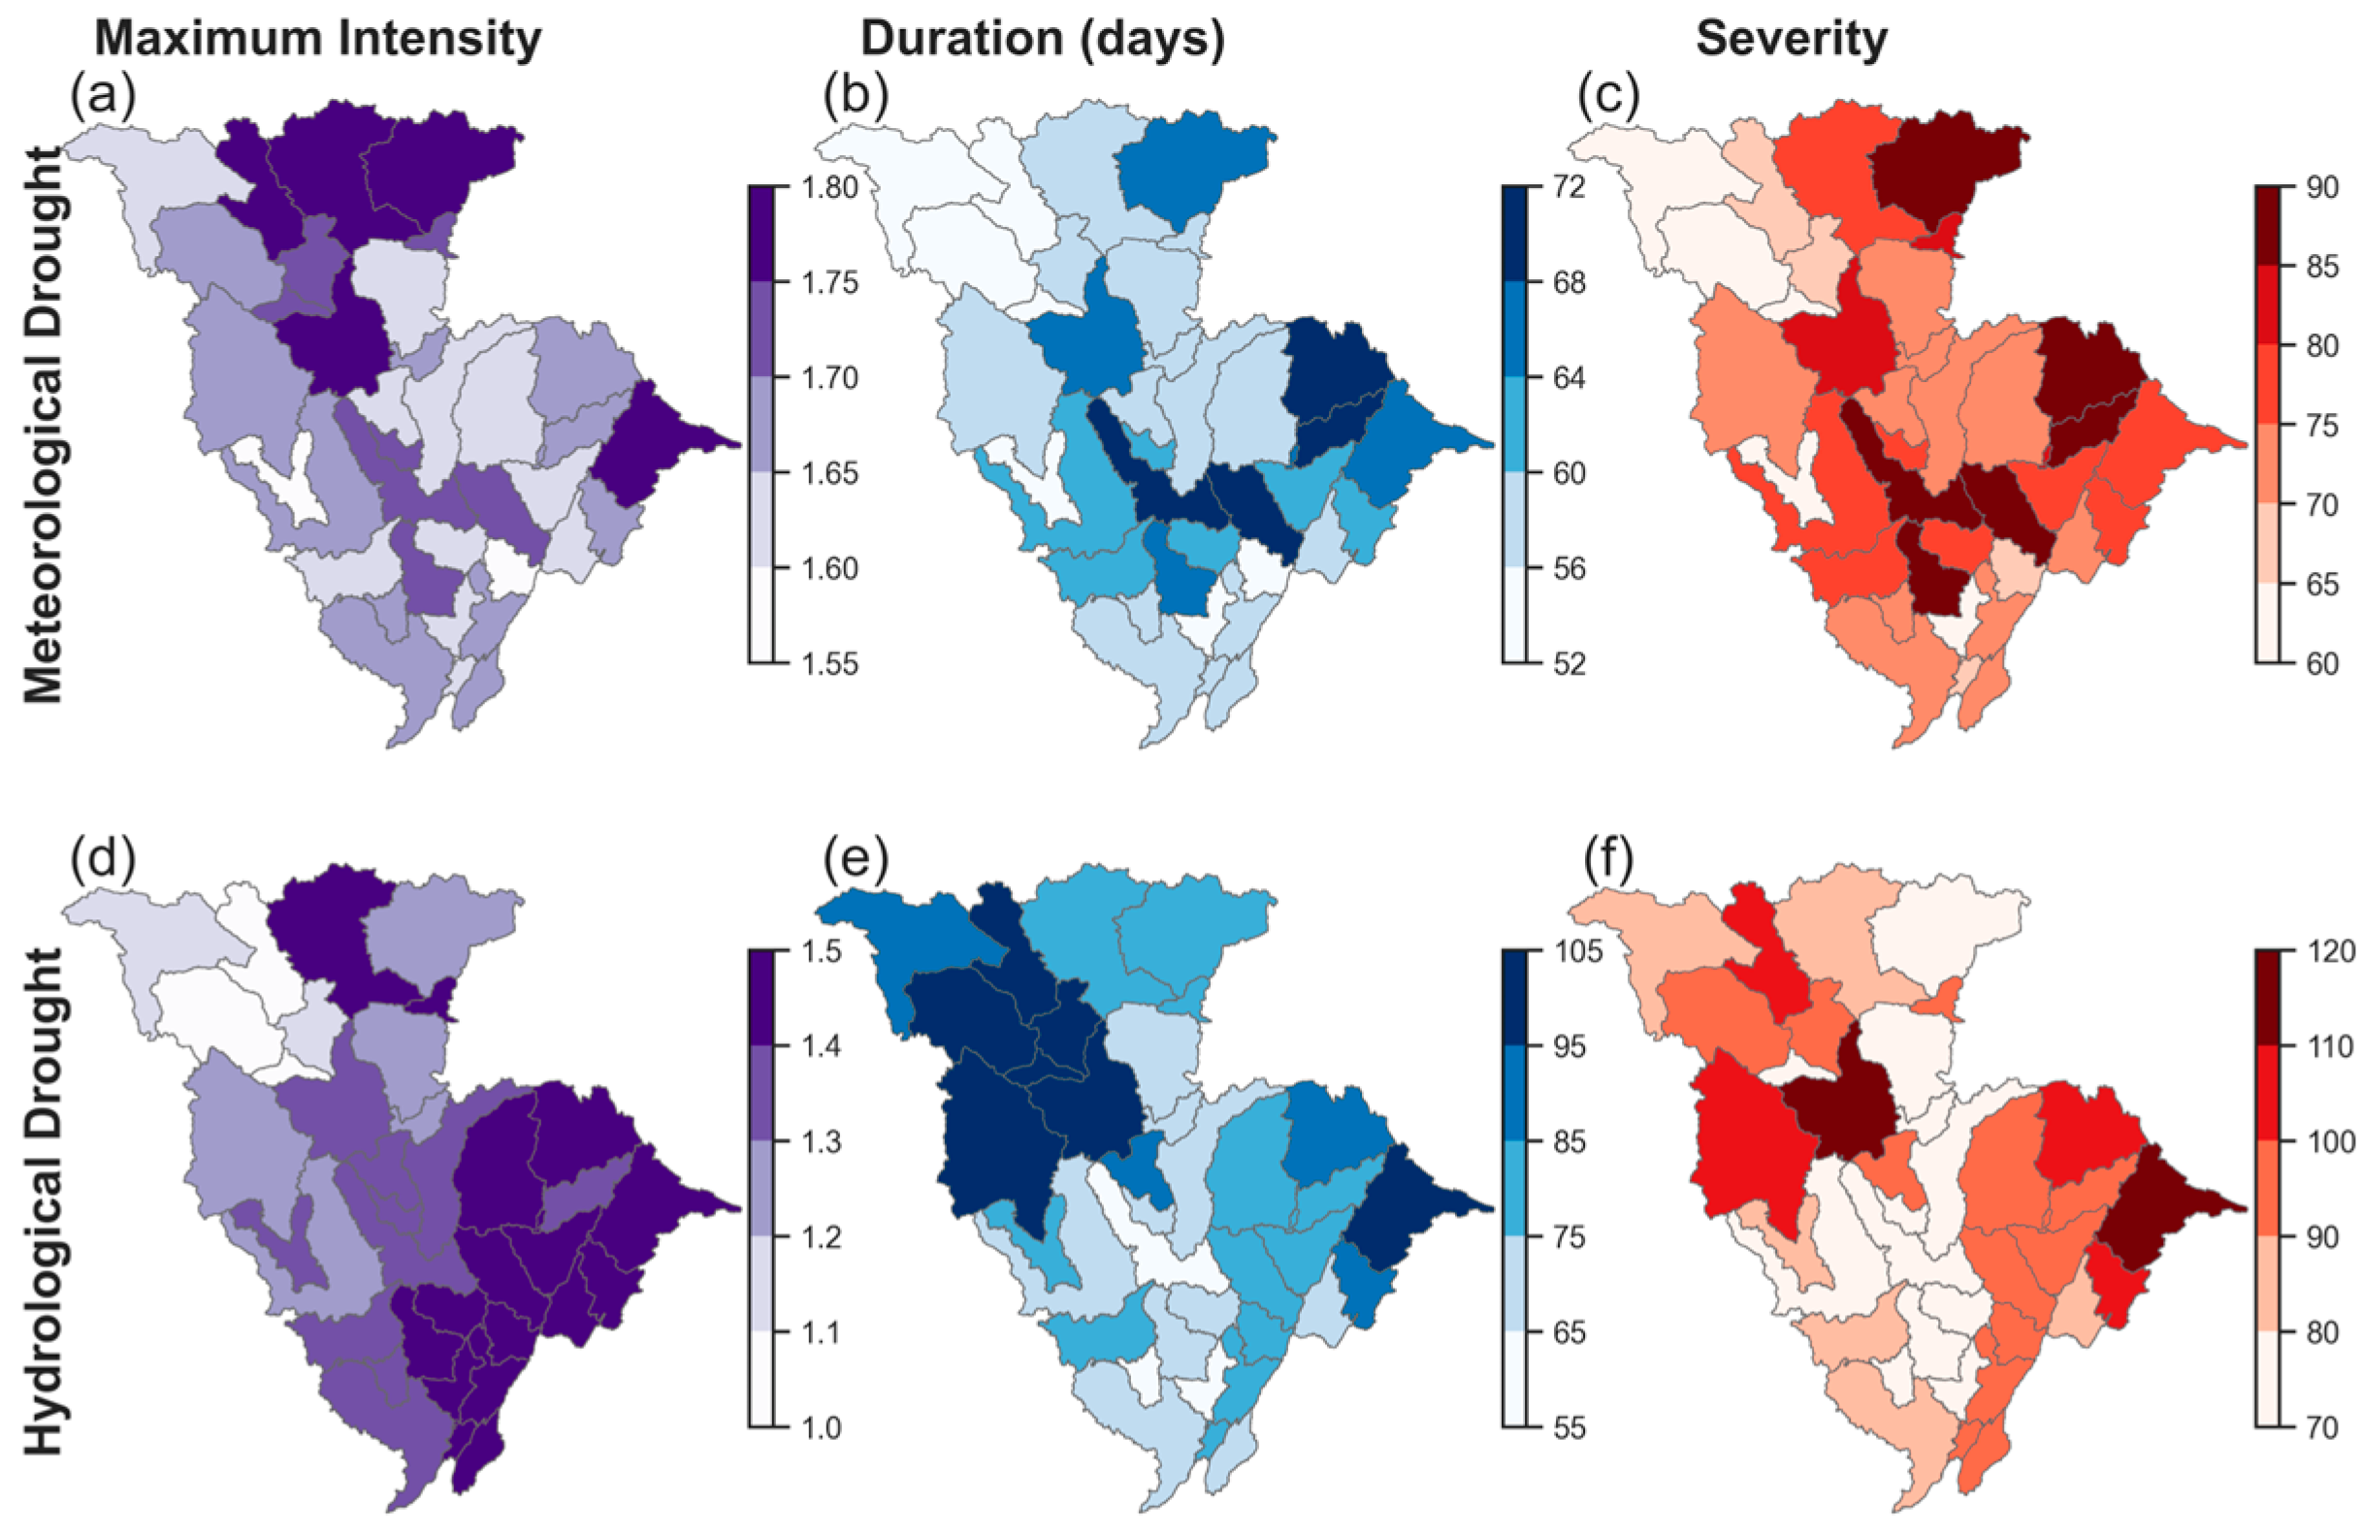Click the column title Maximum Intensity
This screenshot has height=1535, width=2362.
point(317,40)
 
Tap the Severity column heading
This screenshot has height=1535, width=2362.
point(1792,40)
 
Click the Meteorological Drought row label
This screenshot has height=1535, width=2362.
point(43,425)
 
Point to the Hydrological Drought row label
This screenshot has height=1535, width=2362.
point(43,1201)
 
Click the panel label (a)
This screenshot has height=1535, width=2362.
point(102,96)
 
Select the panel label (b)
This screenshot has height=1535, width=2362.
point(856,96)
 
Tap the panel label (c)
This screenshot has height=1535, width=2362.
point(1607,96)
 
